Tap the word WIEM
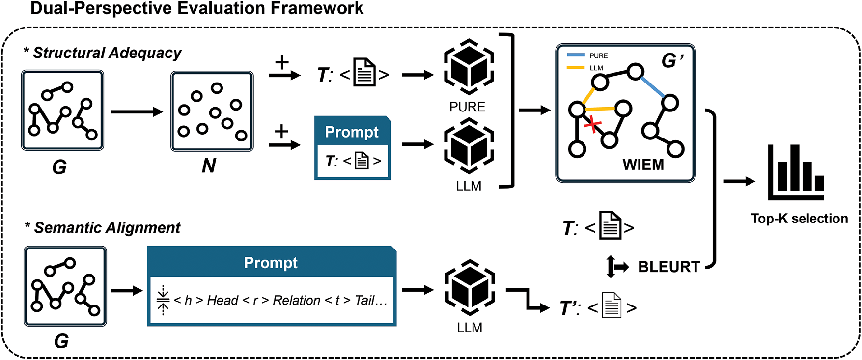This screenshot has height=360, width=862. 643,165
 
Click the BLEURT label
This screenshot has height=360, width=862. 668,267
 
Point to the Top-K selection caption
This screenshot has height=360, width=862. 799,219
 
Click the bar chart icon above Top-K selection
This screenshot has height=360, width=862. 796,172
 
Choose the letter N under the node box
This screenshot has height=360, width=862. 209,166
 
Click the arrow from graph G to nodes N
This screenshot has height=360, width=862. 137,112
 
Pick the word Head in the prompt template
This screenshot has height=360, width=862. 222,300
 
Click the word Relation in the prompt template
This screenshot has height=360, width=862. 296,300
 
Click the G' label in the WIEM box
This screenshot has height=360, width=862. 672,60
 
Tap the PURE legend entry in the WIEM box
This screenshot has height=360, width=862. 598,56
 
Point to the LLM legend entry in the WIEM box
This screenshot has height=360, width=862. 596,68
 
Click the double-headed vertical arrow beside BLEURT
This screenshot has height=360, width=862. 611,267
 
